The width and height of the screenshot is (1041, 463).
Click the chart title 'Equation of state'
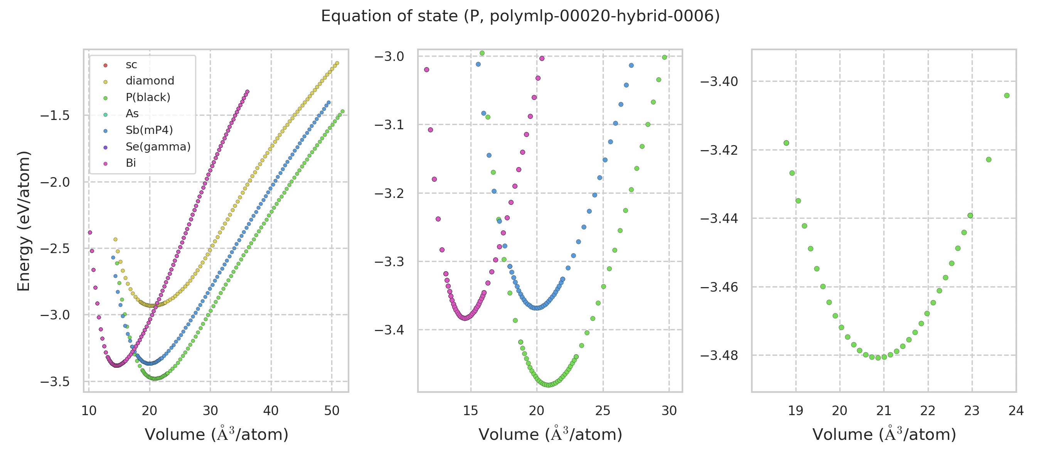point(520,17)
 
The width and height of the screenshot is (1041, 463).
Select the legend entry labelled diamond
point(150,81)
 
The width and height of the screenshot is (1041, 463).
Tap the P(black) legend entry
point(148,98)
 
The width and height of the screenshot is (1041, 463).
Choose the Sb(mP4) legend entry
point(149,130)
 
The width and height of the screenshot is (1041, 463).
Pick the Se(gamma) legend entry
point(158,147)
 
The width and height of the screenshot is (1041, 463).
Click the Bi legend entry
point(131,163)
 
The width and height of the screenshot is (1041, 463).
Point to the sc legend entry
point(131,65)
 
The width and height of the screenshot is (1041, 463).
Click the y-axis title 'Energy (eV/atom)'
point(24,221)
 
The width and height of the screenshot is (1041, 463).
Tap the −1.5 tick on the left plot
point(55,116)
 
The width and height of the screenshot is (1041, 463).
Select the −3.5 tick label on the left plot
point(55,382)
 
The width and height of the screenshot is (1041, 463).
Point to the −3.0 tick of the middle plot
point(389,56)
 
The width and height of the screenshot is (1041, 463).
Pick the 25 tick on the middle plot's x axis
point(603,411)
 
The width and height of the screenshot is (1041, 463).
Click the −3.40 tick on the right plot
point(719,82)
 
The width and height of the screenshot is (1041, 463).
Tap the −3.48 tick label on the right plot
point(719,356)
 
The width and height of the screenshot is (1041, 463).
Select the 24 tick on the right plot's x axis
point(1016,411)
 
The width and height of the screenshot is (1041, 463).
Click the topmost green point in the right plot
point(1007,96)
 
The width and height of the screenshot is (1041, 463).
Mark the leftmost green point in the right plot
point(786,143)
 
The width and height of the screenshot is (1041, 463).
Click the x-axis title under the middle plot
point(550,435)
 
